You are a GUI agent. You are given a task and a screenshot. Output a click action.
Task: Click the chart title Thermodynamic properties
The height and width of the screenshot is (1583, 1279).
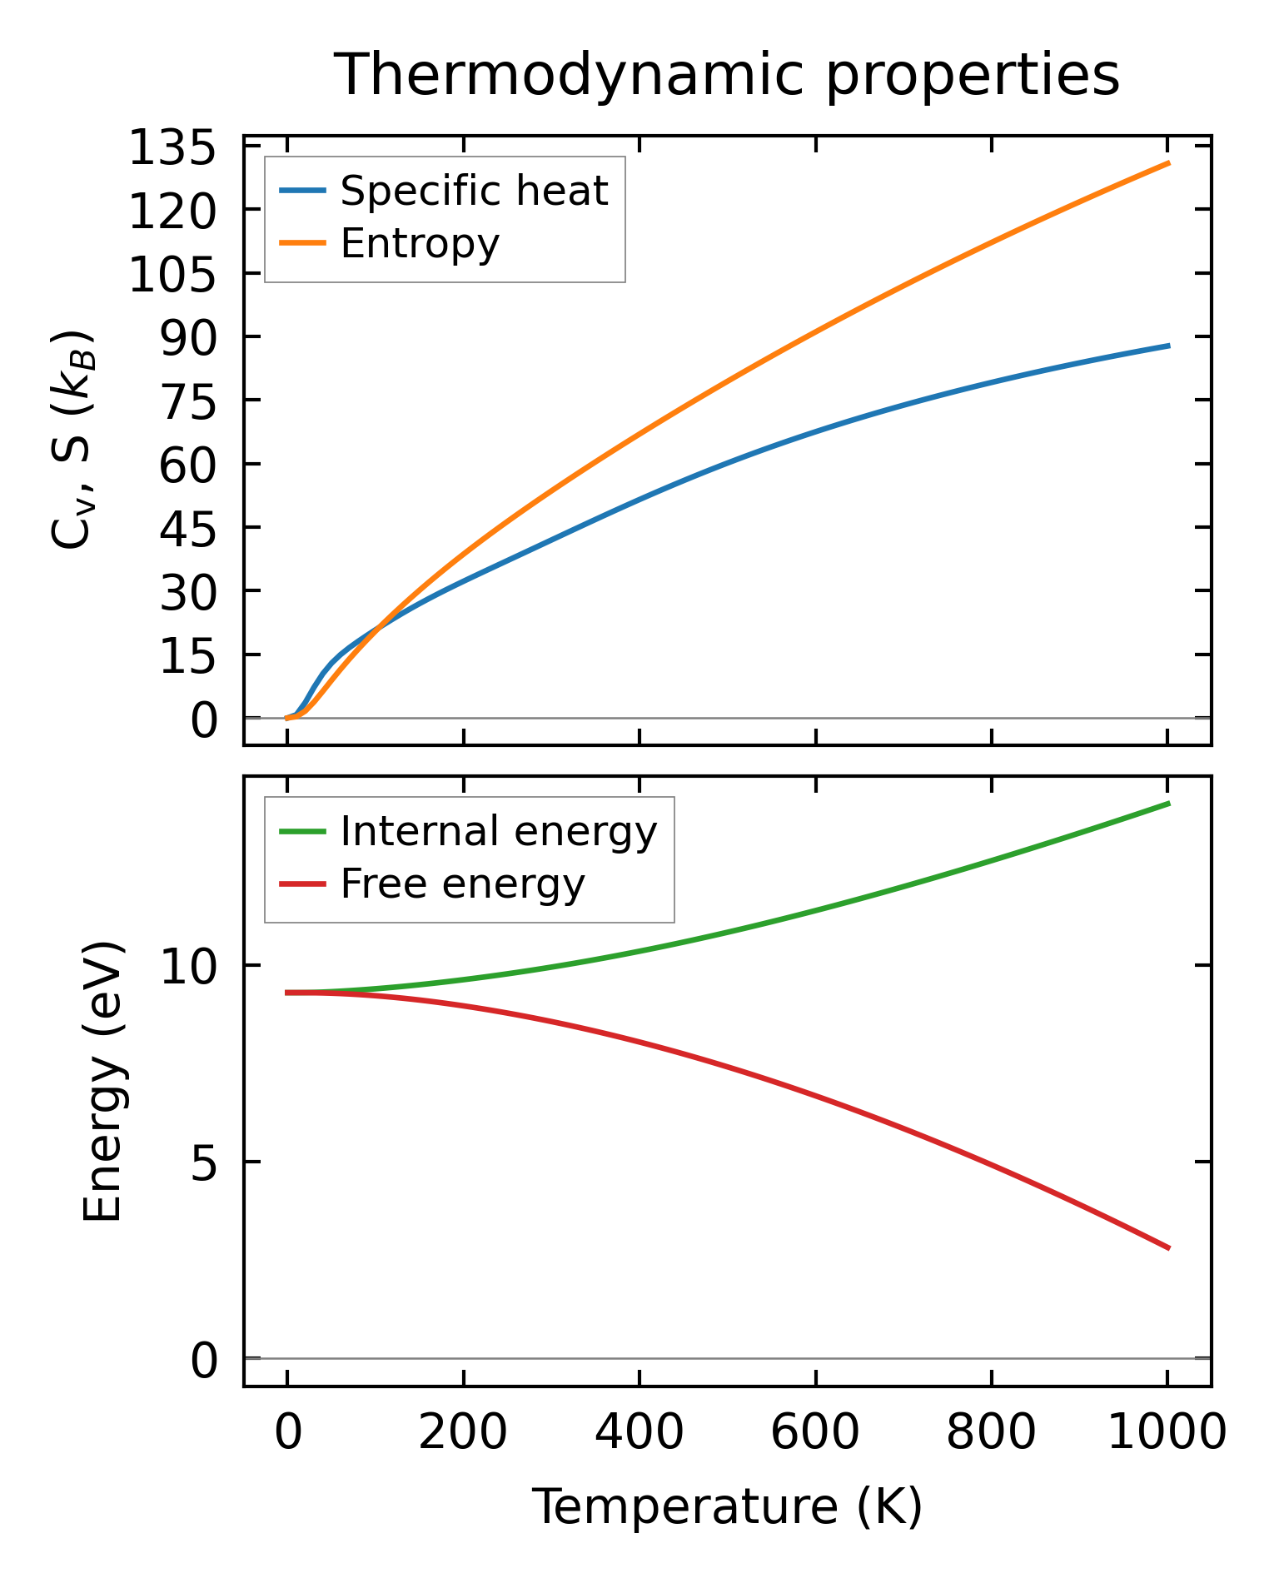726,75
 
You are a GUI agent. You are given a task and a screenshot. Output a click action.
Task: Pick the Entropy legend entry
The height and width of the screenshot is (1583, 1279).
420,244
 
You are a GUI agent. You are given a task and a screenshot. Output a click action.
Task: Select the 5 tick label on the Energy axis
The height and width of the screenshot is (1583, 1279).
203,1163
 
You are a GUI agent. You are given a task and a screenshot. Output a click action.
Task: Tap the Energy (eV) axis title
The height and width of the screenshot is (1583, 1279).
103,1081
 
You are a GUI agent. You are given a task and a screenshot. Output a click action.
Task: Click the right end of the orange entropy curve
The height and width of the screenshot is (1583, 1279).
1169,163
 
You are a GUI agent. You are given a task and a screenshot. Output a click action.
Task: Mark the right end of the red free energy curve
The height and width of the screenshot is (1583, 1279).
1169,1248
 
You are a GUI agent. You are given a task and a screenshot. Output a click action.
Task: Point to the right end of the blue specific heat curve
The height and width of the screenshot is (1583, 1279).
1169,345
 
